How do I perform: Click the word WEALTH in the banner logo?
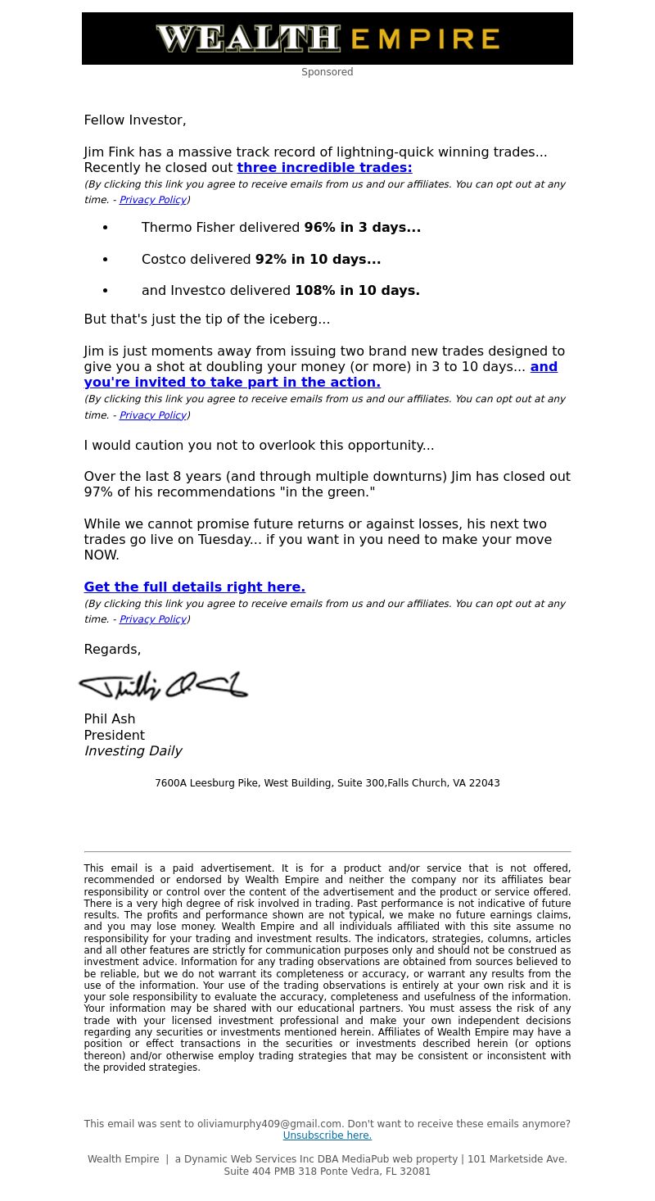click(247, 39)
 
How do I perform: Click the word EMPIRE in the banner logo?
click(425, 39)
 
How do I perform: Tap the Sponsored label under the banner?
click(327, 72)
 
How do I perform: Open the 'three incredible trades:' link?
click(324, 168)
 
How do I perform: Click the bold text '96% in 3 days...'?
click(362, 228)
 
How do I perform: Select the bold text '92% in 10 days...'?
click(318, 260)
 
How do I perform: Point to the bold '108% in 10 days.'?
click(357, 291)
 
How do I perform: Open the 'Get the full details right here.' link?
click(194, 587)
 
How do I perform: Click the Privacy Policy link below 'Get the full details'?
click(152, 619)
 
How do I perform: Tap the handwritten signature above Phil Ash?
click(163, 685)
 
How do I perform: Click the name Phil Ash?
click(110, 719)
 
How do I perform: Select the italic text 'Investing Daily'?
click(133, 751)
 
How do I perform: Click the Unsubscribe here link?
click(327, 1135)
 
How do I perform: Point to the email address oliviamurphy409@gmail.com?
click(269, 1124)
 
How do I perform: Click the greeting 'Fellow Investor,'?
click(135, 120)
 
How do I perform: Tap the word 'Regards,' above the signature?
click(112, 650)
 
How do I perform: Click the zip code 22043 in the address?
click(485, 783)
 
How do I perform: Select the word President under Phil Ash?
click(114, 736)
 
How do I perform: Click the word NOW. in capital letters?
click(102, 555)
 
